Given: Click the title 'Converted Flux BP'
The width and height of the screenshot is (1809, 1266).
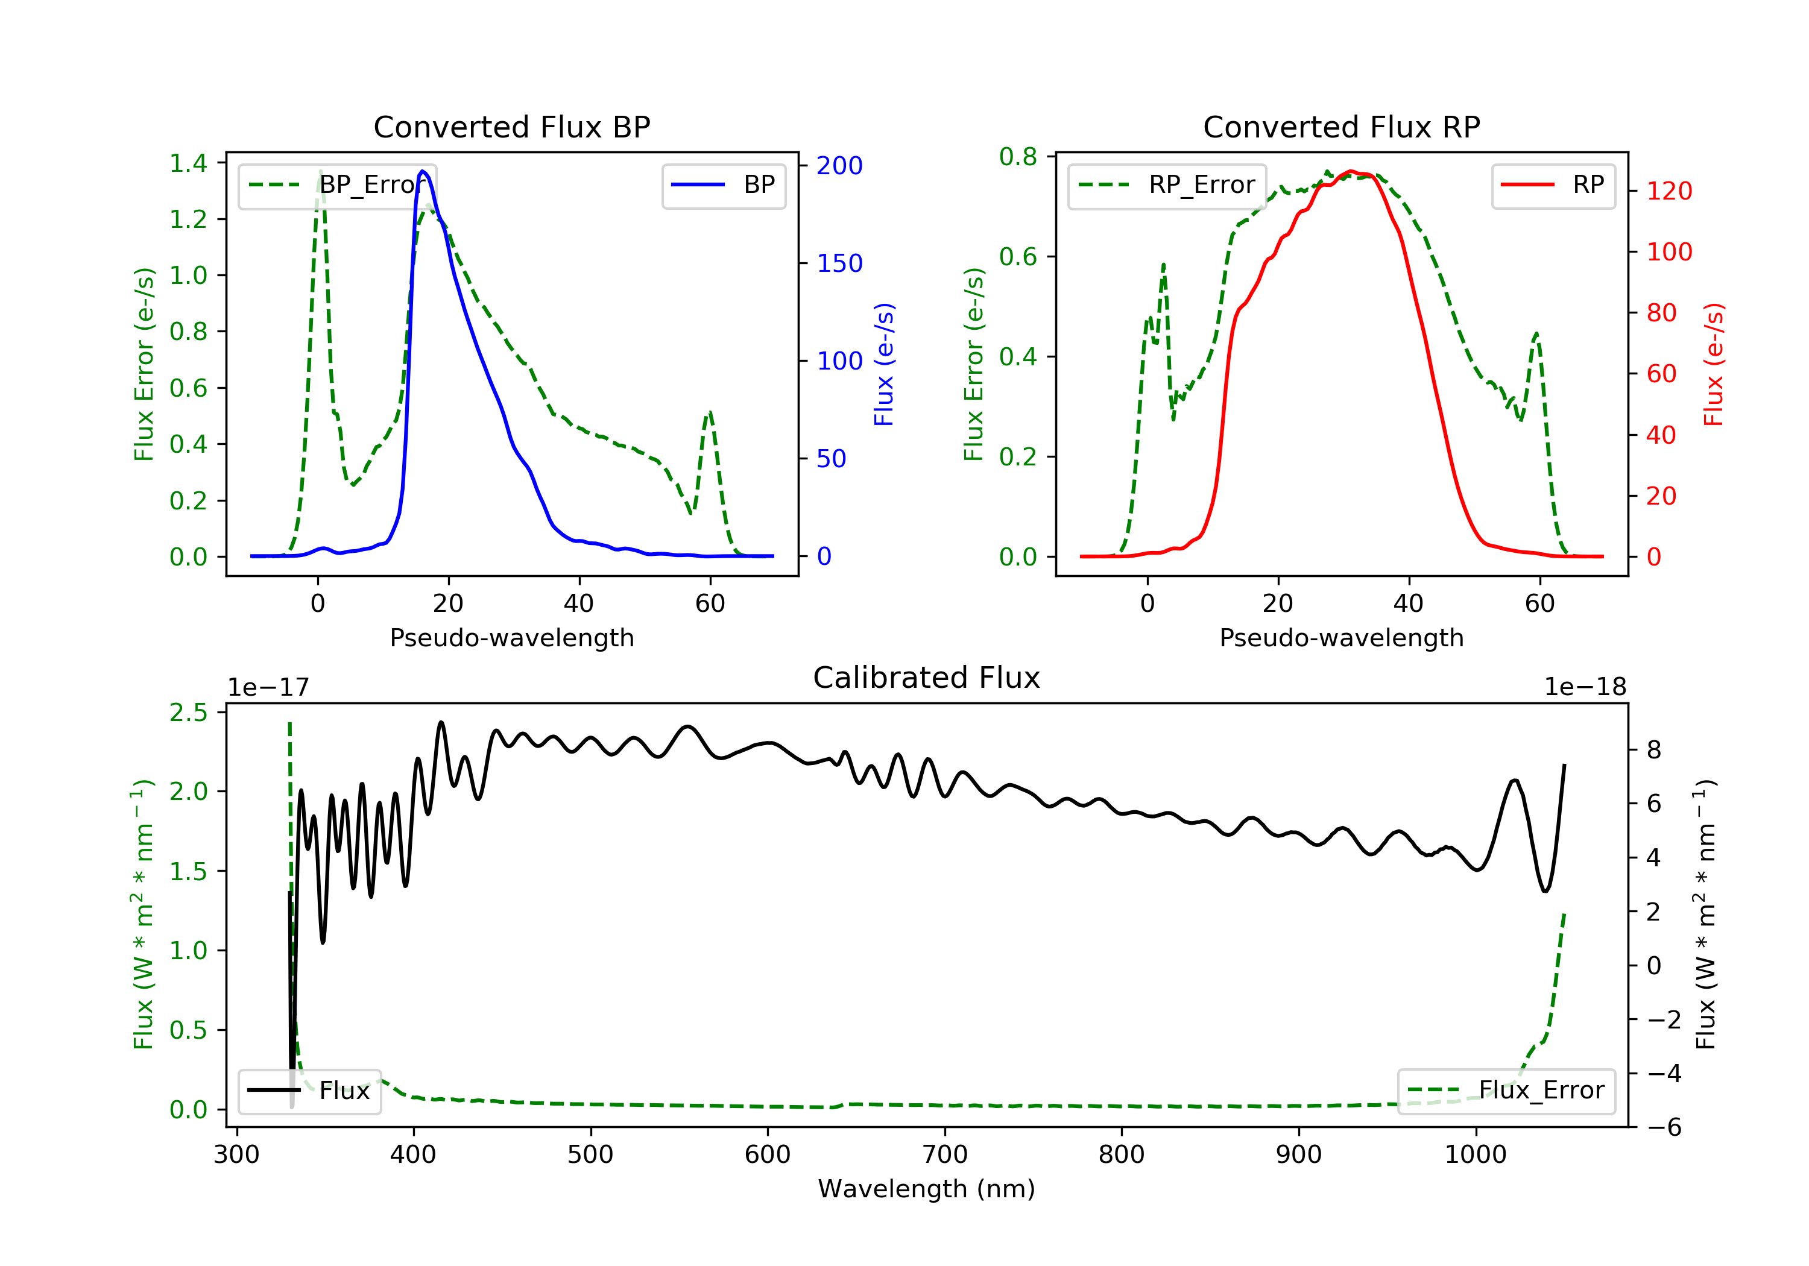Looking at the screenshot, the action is pos(512,127).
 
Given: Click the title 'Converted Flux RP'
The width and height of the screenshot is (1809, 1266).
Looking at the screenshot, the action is pos(1342,127).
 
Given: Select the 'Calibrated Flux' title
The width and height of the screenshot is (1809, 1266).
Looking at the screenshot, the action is pos(927,678).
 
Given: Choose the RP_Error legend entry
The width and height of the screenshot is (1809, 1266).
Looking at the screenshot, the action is pos(1166,185).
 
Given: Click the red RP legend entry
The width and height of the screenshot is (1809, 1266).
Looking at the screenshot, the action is pos(1553,185).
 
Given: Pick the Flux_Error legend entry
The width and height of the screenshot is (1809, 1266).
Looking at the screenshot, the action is pos(1506,1091).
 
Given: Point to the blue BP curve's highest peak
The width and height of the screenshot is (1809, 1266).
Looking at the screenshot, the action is pos(423,171).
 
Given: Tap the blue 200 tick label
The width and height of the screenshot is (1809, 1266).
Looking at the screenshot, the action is pos(840,165).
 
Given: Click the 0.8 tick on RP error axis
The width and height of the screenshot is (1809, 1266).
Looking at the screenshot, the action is pos(1018,157).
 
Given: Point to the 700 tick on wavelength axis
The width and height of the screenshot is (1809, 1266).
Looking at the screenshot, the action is pos(945,1155).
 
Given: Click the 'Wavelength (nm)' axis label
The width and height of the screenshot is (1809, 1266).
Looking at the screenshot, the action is pos(927,1189).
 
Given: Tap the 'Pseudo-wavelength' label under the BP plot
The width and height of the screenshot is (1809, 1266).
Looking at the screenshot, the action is pos(512,638).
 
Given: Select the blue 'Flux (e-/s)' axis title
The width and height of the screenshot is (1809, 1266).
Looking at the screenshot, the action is pos(884,365).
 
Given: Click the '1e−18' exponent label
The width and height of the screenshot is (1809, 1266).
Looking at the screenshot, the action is pos(1585,687).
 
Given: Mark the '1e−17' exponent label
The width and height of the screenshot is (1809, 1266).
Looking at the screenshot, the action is pos(269,687).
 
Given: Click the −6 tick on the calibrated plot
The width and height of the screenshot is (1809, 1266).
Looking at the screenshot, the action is pos(1654,1128).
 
